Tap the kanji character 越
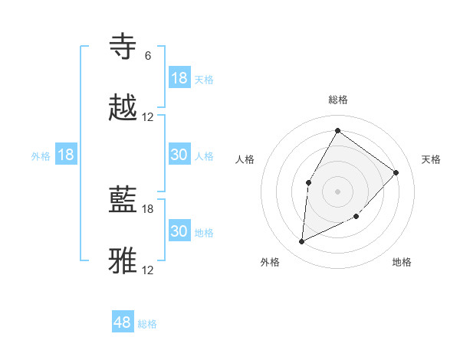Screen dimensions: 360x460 (x=124, y=108)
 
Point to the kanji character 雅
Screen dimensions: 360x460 (x=124, y=260)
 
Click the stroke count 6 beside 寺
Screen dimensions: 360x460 (x=148, y=56)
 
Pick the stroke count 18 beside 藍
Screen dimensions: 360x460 (x=148, y=208)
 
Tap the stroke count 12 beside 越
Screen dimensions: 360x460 (x=148, y=117)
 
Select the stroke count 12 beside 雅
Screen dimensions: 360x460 (x=148, y=270)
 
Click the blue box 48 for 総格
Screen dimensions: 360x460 (x=123, y=322)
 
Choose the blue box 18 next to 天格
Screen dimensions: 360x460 (x=179, y=77)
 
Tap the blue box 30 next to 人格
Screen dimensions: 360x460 (x=179, y=155)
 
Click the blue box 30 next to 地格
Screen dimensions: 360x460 (x=179, y=231)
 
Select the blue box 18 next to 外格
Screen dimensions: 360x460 (x=66, y=155)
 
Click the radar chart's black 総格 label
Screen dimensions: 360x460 (x=338, y=100)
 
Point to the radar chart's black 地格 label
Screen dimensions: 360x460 (x=402, y=262)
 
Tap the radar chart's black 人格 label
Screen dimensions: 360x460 (x=245, y=159)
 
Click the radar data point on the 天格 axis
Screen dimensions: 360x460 (x=396, y=172)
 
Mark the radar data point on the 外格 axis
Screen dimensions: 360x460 (x=301, y=242)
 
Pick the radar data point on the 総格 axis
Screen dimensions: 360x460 (x=337, y=130)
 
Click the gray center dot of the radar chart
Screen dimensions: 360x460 (x=337, y=191)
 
